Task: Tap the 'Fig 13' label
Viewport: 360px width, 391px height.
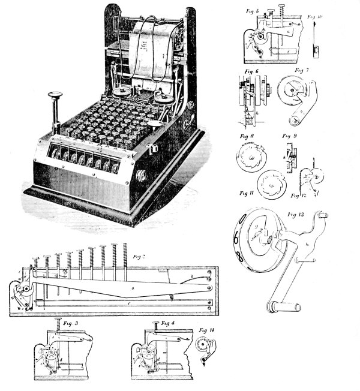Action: [x=296, y=213]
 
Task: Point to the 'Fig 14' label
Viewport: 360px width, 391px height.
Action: [x=207, y=331]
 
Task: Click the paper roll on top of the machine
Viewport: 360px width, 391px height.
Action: [x=150, y=48]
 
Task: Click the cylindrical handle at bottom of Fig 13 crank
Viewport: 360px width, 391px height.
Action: [x=289, y=306]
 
